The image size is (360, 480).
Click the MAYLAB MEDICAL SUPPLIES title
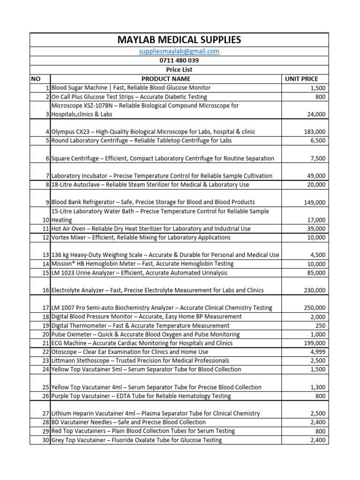point(180,40)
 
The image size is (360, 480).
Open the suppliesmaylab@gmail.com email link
point(180,52)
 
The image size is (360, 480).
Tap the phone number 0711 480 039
point(180,60)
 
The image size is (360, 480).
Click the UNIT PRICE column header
point(301,79)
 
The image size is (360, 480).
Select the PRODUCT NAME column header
point(166,79)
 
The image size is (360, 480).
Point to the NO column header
point(36,79)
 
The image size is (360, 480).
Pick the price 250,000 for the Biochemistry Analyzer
point(314,308)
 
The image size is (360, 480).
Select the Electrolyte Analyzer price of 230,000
point(314,291)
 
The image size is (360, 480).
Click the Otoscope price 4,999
point(317,352)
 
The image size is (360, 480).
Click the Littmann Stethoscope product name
point(140,360)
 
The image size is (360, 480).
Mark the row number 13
point(45,255)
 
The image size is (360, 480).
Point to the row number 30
point(45,440)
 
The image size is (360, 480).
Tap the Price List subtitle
point(180,69)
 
